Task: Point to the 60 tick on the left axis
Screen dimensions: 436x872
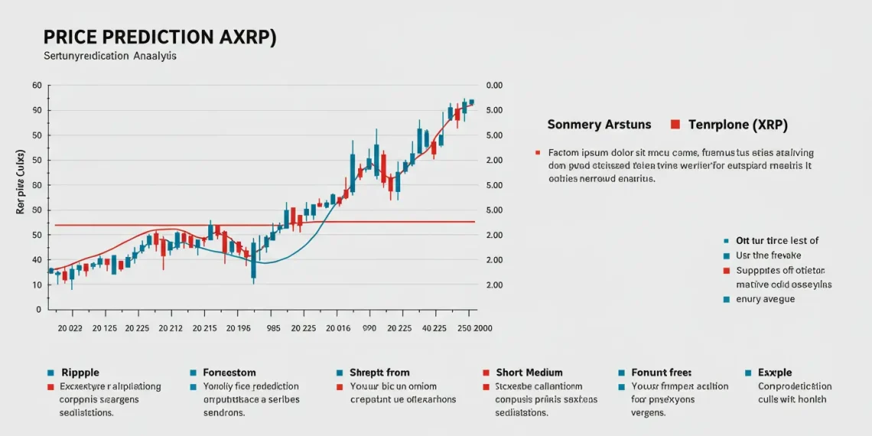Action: coord(36,86)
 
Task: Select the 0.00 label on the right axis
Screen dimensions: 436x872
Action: coord(493,86)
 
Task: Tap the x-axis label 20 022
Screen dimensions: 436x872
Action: coord(70,328)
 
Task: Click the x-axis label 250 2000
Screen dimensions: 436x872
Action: coord(474,328)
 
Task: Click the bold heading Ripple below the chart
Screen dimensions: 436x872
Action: coord(80,373)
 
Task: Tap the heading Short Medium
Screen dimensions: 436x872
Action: coord(529,373)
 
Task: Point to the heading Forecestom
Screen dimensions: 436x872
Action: coord(229,373)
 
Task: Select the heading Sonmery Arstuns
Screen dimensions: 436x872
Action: coord(599,124)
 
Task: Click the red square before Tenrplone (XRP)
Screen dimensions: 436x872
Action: coord(675,124)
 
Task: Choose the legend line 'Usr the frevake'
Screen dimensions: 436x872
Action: coord(768,255)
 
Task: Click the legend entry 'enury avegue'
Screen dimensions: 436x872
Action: coord(765,299)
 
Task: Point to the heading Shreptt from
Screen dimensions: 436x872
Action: coord(379,373)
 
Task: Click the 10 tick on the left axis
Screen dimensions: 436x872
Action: coord(36,285)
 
